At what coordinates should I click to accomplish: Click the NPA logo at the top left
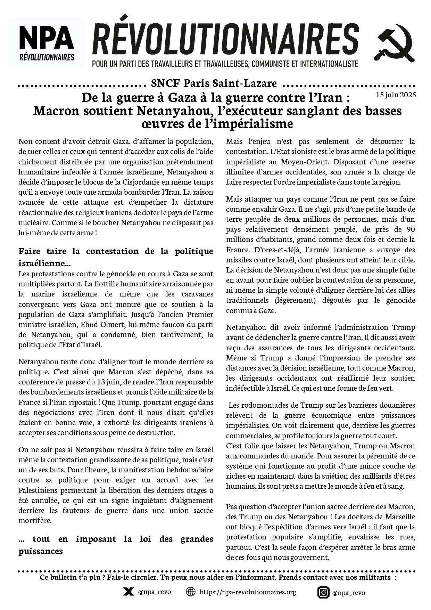click(47, 43)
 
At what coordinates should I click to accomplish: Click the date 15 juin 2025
click(396, 95)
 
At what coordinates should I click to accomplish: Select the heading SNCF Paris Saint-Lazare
click(214, 83)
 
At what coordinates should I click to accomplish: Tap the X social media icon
click(129, 592)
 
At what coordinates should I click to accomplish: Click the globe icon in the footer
click(191, 592)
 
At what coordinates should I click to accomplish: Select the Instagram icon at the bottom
click(323, 592)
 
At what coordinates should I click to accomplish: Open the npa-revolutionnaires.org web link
click(248, 592)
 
